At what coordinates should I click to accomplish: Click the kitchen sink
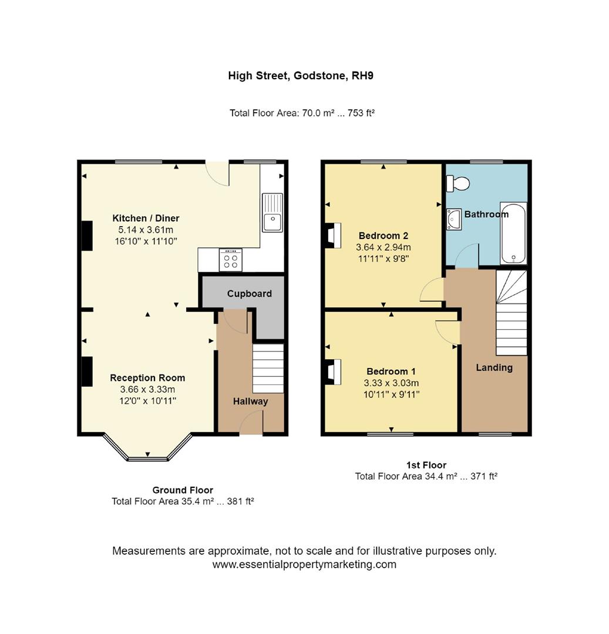tap(272, 212)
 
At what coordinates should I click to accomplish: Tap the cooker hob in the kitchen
tap(230, 260)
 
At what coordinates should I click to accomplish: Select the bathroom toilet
tap(458, 184)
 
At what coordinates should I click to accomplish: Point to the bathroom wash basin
tap(453, 220)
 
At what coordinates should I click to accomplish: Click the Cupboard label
tap(249, 294)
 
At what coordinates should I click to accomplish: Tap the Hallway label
tap(250, 402)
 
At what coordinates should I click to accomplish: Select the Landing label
tap(494, 367)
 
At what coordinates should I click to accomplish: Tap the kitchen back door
tap(218, 174)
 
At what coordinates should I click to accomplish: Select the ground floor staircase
tap(268, 369)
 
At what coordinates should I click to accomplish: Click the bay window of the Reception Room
tap(147, 450)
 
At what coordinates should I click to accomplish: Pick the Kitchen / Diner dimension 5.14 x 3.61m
tap(146, 230)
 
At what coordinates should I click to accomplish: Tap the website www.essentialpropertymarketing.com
tap(304, 565)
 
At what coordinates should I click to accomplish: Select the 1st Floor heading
tap(426, 465)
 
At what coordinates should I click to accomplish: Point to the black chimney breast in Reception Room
tap(86, 371)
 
